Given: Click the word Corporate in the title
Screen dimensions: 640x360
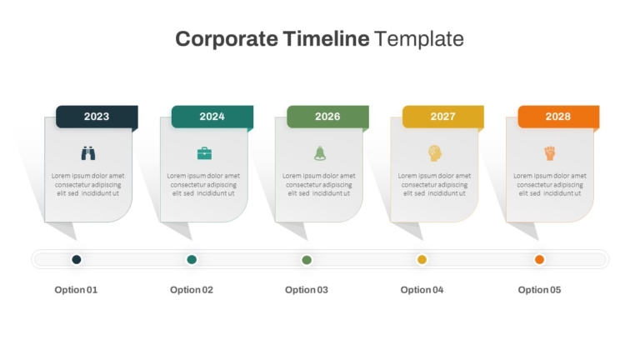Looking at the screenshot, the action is click(227, 39).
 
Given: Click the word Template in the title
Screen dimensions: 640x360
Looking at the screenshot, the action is click(419, 39).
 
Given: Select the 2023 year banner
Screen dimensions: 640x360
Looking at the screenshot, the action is click(97, 117).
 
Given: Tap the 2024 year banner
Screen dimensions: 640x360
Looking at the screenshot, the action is click(212, 117).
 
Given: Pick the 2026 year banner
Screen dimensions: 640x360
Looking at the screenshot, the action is click(327, 117).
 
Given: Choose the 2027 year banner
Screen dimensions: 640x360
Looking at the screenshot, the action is click(443, 117).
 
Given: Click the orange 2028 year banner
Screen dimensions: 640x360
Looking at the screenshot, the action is click(559, 117).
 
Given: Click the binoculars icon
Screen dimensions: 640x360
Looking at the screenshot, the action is click(88, 153).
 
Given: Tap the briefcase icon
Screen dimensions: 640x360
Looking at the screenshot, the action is click(204, 153).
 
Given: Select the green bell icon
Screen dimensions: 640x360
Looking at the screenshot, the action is click(320, 153).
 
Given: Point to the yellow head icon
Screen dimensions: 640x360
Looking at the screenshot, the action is click(435, 153).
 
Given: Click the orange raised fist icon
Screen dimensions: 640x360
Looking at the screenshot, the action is click(550, 153).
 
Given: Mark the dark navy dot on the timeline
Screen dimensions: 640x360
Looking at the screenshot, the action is click(77, 260).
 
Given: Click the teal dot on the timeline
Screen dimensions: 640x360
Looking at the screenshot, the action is click(192, 260).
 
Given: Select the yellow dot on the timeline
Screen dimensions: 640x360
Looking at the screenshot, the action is click(422, 260).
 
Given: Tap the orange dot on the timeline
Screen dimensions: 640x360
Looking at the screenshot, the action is click(539, 260).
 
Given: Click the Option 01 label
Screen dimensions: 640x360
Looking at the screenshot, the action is click(76, 290).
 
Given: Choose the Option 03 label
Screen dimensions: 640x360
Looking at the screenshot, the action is click(307, 290).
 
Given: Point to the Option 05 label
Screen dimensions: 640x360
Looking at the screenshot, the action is click(539, 290).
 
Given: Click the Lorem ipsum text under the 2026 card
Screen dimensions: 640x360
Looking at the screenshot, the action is click(319, 184).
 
